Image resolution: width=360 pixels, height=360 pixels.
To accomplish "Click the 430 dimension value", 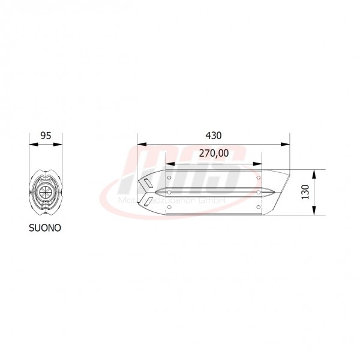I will tap(213, 136).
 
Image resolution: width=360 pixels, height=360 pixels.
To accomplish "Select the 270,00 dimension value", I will tap(213, 154).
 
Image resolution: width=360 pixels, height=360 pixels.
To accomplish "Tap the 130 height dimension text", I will tap(306, 192).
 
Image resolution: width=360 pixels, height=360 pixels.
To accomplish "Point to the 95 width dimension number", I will tap(45, 136).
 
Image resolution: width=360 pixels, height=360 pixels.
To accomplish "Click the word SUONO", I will tap(45, 228).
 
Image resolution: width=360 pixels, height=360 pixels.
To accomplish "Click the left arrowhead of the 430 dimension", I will tap(140, 144).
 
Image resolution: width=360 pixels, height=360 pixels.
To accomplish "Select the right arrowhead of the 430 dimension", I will tap(286, 144).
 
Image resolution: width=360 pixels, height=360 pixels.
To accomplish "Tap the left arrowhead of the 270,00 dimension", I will tap(170, 163).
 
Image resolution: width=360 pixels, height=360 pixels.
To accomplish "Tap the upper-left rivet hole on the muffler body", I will tap(170, 178).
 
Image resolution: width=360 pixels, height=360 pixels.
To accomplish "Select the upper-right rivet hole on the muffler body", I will tap(259, 178).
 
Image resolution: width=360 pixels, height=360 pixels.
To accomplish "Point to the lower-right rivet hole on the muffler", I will tap(259, 206).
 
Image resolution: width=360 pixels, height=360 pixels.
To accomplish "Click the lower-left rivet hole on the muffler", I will tap(170, 206).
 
